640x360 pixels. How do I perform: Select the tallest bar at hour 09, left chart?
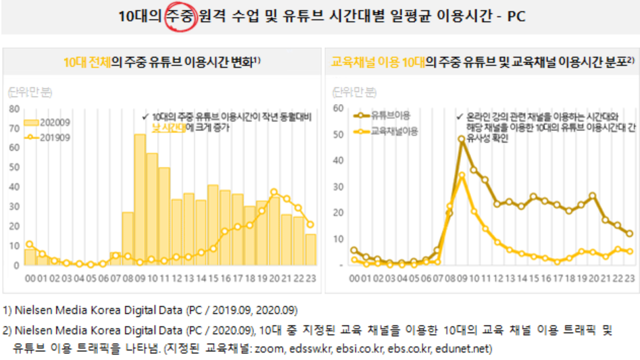pyautogui.click(x=140, y=199)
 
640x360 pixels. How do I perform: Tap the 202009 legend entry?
pyautogui.click(x=47, y=123)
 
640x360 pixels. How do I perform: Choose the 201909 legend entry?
pyautogui.click(x=47, y=137)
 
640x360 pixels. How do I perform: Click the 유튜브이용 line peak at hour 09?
pyautogui.click(x=462, y=140)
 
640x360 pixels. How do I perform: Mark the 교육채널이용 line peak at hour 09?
pyautogui.click(x=462, y=176)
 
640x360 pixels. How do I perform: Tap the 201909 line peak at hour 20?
pyautogui.click(x=274, y=192)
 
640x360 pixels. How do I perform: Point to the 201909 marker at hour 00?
pyautogui.click(x=30, y=244)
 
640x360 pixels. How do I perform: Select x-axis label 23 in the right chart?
pyautogui.click(x=629, y=278)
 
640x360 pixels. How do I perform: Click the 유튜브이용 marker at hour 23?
pyautogui.click(x=629, y=234)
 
